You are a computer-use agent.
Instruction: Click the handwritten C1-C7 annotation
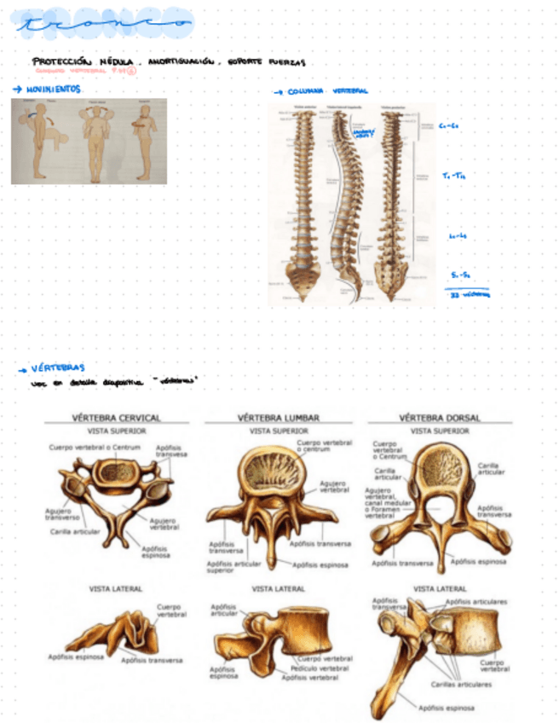pyautogui.click(x=451, y=126)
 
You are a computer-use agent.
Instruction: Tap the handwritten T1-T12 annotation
pyautogui.click(x=453, y=176)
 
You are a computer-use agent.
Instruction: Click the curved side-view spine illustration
pyautogui.click(x=344, y=205)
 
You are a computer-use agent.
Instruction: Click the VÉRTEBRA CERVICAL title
pyautogui.click(x=116, y=418)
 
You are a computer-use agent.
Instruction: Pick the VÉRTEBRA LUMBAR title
pyautogui.click(x=278, y=418)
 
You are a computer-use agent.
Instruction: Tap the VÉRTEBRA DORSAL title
pyautogui.click(x=439, y=418)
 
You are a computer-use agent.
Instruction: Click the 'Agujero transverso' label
pyautogui.click(x=61, y=514)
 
